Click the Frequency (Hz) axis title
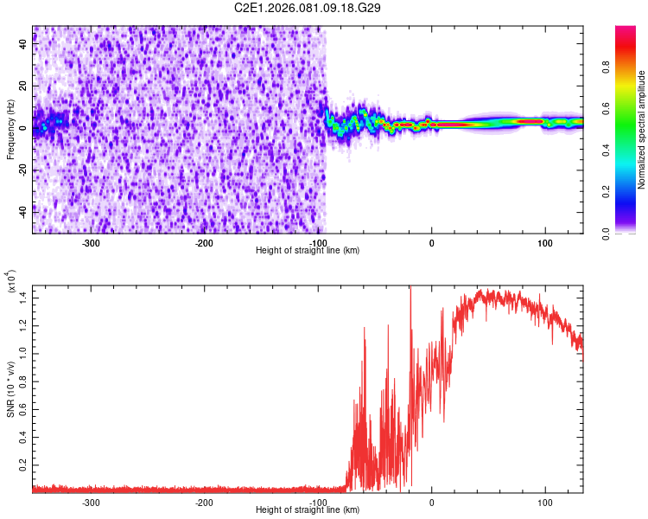coord(10,130)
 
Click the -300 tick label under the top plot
coord(92,244)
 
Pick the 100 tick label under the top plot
coord(545,244)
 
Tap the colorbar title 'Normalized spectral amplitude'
coord(642,130)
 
